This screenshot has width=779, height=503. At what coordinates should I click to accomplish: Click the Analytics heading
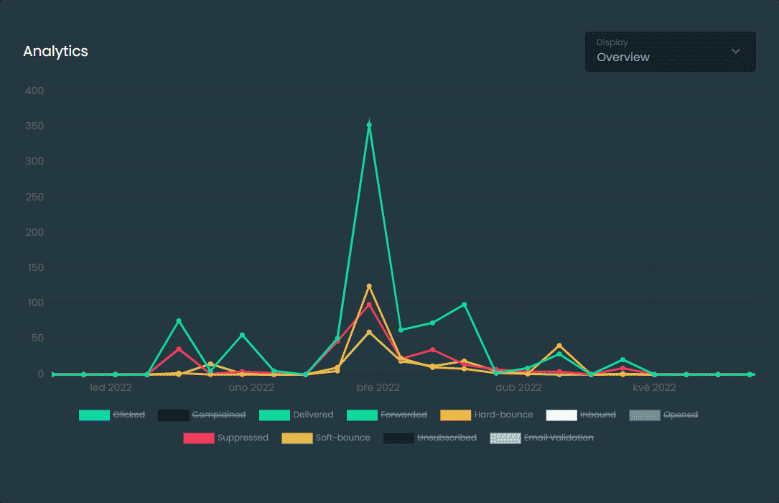coord(55,52)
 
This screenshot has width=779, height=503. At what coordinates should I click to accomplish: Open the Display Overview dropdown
coord(669,52)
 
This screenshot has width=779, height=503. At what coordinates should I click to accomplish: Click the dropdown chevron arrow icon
coord(735,51)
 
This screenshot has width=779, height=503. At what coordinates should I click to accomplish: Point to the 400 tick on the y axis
coord(34,91)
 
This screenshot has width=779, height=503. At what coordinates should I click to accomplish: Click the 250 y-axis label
coord(34,198)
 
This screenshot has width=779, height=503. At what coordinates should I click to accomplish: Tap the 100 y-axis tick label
coord(34,303)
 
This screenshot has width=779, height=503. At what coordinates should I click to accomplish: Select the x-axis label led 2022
coord(110,388)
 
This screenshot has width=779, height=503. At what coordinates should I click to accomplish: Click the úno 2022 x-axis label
coord(251,388)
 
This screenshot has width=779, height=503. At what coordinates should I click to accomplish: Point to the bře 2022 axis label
coord(378,388)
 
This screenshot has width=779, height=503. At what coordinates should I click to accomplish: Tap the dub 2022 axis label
coord(518,388)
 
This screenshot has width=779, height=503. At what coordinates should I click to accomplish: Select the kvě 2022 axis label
coord(654,388)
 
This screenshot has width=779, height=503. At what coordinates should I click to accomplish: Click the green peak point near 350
coord(369,125)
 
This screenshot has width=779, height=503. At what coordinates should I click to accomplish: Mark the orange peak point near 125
coord(369,286)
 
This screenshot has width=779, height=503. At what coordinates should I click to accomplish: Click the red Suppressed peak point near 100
coord(369,305)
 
